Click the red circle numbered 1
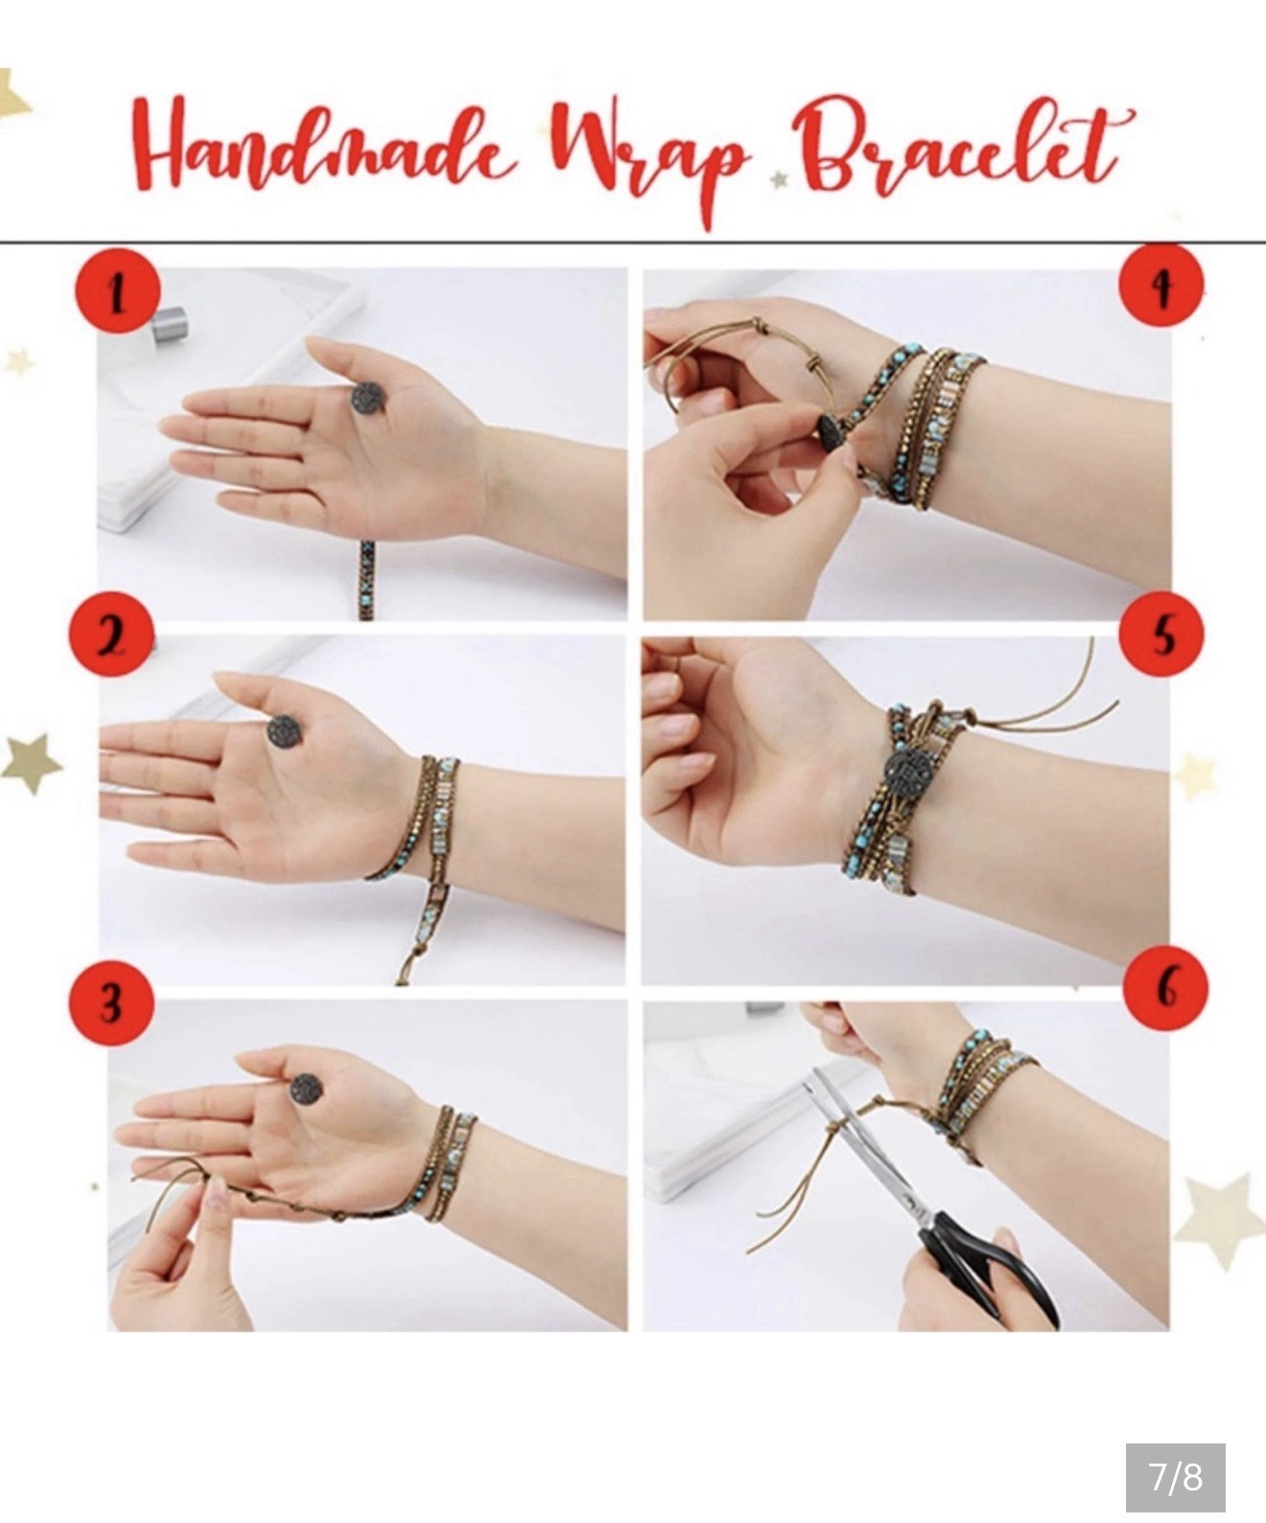(118, 291)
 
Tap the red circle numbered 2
(111, 635)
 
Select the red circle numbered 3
(111, 1003)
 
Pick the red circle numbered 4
(1160, 285)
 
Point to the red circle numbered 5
(1160, 634)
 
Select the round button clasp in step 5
(903, 771)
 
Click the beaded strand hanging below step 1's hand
(367, 580)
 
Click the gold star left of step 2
(32, 763)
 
